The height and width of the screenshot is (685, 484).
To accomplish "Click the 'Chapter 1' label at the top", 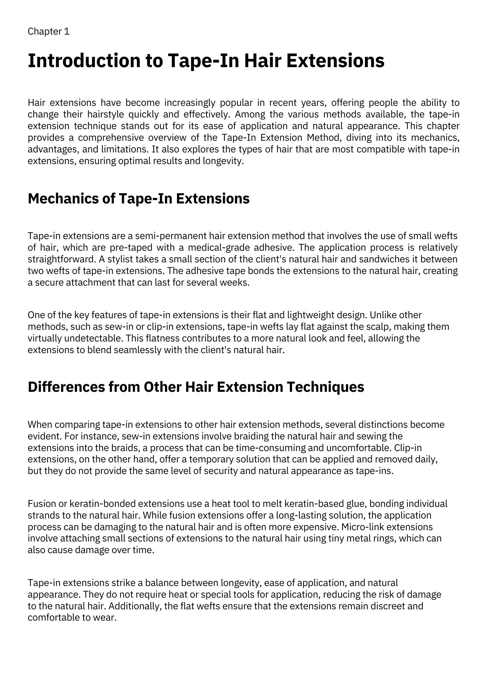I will pyautogui.click(x=49, y=32).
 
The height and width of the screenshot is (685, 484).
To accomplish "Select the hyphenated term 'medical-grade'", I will pyautogui.click(x=218, y=248).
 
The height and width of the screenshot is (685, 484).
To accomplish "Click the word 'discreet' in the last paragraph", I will pyautogui.click(x=389, y=606).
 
